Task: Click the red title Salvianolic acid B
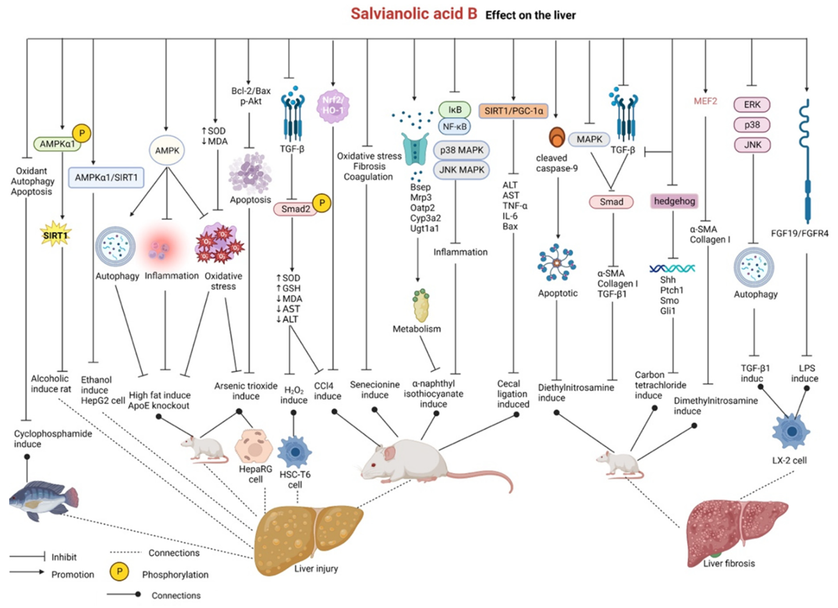414,14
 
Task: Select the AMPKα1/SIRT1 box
106,178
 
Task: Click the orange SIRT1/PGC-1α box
513,111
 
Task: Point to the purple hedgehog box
674,201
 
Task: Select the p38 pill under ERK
752,125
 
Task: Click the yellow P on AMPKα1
82,133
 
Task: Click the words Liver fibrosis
729,563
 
